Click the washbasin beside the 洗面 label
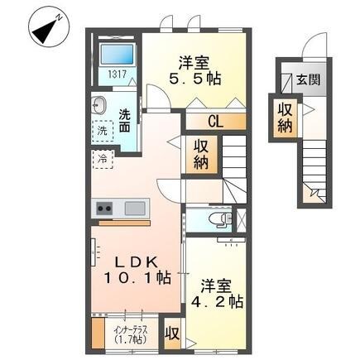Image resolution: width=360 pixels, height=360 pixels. tap(99, 105)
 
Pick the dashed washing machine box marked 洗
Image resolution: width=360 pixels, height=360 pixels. tap(103, 130)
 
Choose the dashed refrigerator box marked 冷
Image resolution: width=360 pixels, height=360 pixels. tap(103, 157)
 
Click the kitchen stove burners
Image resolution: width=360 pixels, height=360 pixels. tap(105, 207)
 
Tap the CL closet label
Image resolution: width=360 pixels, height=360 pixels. tap(214, 122)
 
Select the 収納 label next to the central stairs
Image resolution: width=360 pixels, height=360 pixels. tap(202, 153)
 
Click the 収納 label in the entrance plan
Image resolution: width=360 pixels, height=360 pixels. tap(286, 118)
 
